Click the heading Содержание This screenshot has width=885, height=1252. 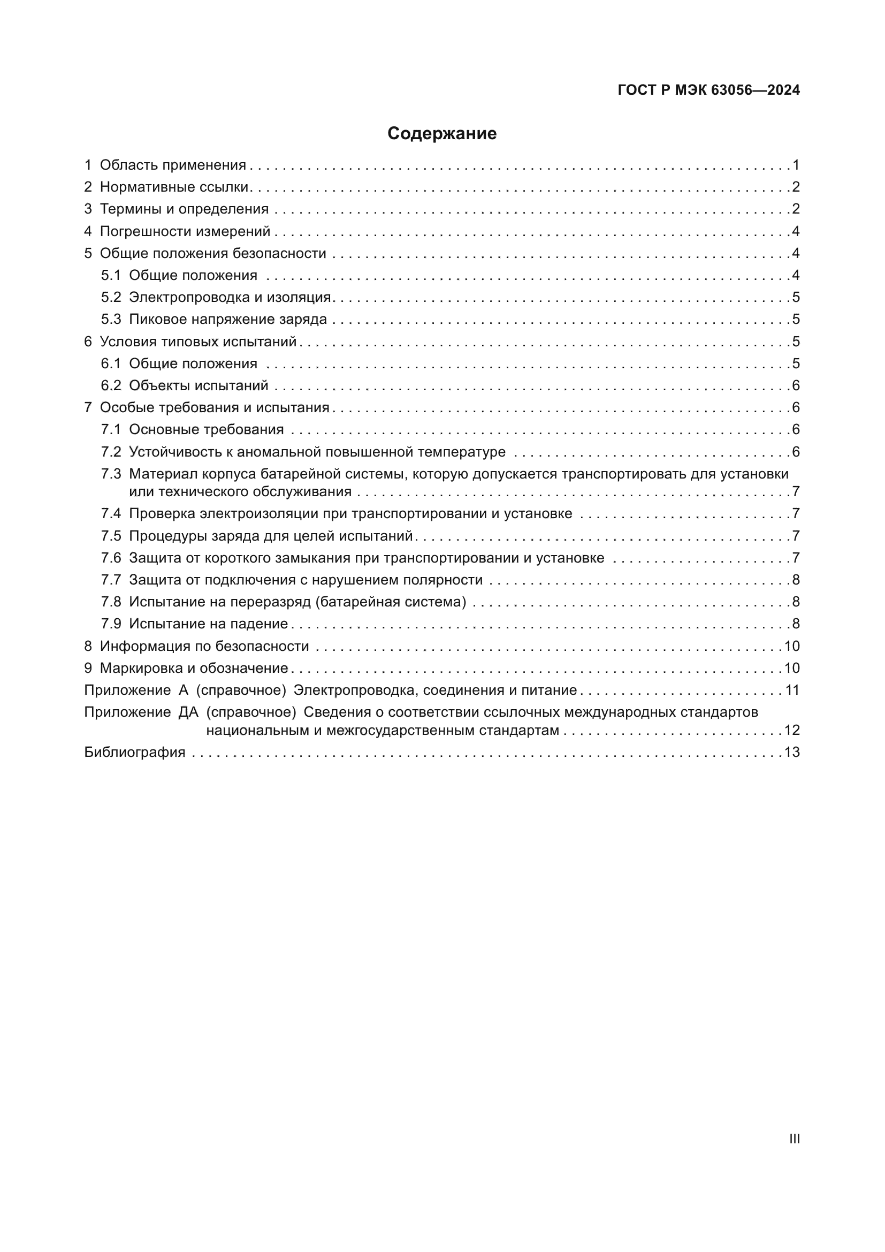[x=442, y=134]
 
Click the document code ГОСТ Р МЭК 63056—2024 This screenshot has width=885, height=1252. [x=708, y=90]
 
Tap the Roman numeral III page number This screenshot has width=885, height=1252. [x=795, y=1139]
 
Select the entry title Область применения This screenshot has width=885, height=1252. [x=173, y=165]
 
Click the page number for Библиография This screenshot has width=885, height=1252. [x=792, y=753]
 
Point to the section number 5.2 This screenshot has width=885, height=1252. [x=111, y=297]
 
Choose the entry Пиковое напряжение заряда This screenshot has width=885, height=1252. [x=228, y=320]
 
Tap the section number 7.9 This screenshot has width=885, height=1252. [x=111, y=624]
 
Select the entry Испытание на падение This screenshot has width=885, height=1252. [x=208, y=624]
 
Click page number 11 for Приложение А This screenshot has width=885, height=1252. [x=792, y=691]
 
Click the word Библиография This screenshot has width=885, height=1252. [x=135, y=753]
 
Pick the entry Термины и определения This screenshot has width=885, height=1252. [x=184, y=209]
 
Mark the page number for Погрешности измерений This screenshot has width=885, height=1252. [x=796, y=232]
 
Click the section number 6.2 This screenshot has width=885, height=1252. [x=111, y=385]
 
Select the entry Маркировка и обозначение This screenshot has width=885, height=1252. [x=194, y=669]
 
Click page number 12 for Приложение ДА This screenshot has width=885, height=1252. [x=792, y=730]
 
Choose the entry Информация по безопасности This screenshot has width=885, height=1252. [x=204, y=646]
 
